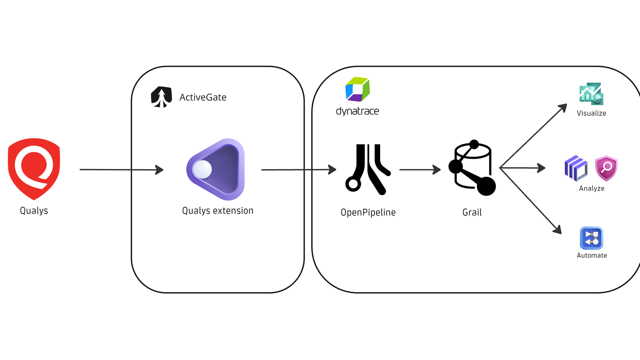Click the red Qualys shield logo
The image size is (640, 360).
pos(34,169)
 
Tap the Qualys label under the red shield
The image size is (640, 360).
pos(34,211)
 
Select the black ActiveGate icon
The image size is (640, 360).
pos(161,97)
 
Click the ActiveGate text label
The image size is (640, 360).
pos(203,97)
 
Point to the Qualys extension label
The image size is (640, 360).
pos(218,211)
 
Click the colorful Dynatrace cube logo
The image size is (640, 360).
pos(357,89)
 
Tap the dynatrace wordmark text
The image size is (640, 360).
pos(357,111)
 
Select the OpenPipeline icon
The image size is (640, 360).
pos(368,169)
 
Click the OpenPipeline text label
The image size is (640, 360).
pos(368,212)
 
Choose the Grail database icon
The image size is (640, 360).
pos(472,168)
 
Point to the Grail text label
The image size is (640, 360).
pos(472,212)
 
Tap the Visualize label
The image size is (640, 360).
pos(591,113)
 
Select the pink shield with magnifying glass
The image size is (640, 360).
pos(606,168)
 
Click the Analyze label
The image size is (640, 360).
pos(592,188)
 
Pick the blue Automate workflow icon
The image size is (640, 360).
pos(592,238)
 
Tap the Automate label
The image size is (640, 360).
pos(592,255)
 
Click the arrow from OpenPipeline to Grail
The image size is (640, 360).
pos(420,170)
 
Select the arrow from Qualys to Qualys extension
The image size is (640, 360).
pos(121,170)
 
